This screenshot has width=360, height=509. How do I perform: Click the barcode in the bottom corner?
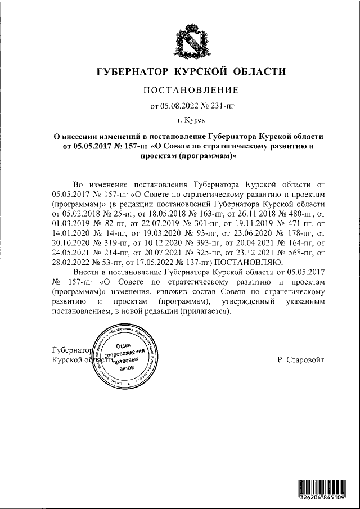click(x=327, y=488)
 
